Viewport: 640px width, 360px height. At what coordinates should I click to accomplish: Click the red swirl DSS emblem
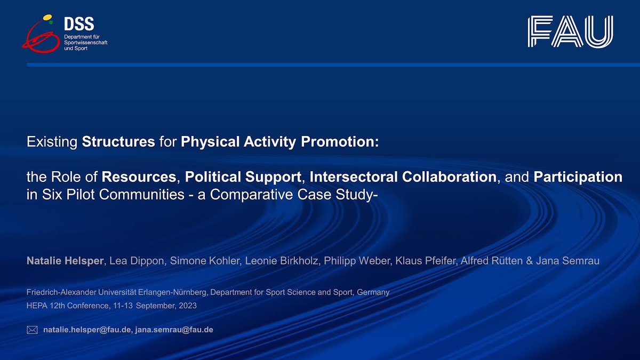pyautogui.click(x=38, y=35)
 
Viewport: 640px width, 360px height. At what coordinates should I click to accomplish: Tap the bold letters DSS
pyautogui.click(x=78, y=23)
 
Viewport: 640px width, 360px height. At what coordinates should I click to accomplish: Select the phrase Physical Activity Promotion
pyautogui.click(x=279, y=142)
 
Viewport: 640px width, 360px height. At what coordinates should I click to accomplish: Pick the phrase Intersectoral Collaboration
pyautogui.click(x=403, y=177)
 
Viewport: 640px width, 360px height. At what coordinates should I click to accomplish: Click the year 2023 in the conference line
pyautogui.click(x=187, y=306)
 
